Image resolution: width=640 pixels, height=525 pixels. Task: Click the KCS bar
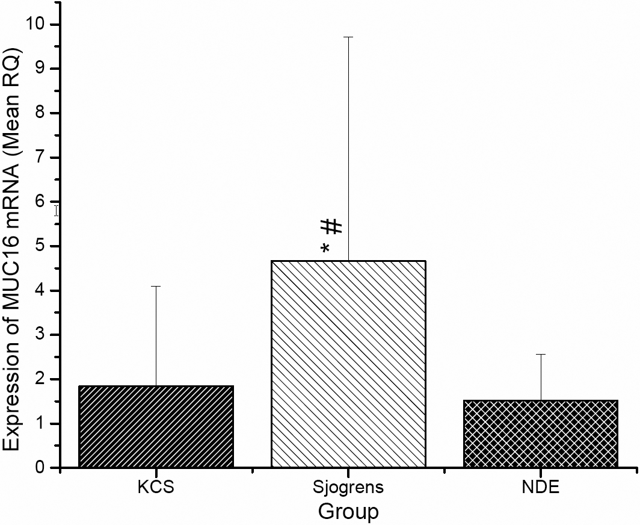(156, 426)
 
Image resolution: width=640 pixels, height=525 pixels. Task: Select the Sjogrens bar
(348, 364)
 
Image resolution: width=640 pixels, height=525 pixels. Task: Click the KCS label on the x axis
(155, 487)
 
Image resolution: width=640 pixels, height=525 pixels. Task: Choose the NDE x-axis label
(540, 487)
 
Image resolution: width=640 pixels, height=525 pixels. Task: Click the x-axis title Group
(348, 512)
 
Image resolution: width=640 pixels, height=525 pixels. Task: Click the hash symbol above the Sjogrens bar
(332, 226)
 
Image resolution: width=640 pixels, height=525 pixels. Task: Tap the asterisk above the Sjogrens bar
(325, 248)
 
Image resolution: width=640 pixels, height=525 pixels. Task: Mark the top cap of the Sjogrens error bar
(348, 37)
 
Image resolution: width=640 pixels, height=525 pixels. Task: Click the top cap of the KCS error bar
(156, 287)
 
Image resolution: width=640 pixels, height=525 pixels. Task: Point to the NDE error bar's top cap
(540, 355)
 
